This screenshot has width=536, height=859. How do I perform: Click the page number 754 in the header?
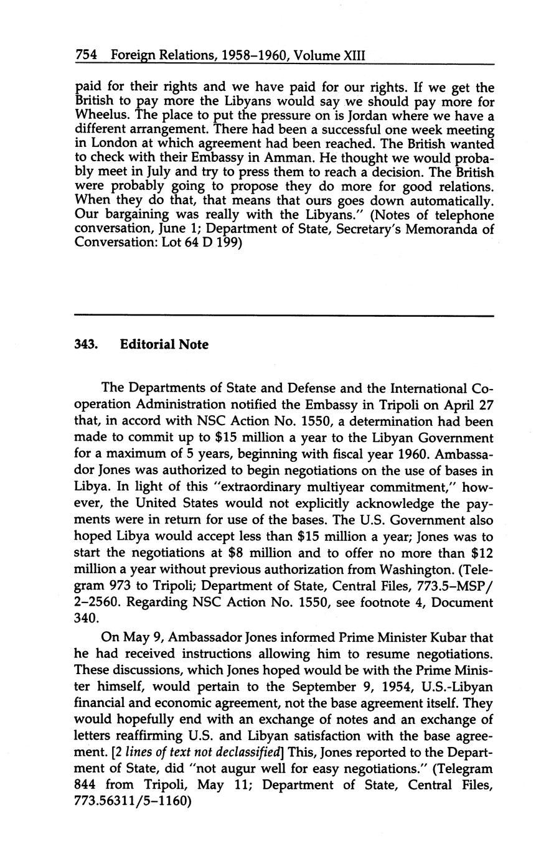click(86, 55)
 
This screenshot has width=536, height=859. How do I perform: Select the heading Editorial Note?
click(164, 344)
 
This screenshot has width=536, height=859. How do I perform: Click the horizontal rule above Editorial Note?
click(284, 316)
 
